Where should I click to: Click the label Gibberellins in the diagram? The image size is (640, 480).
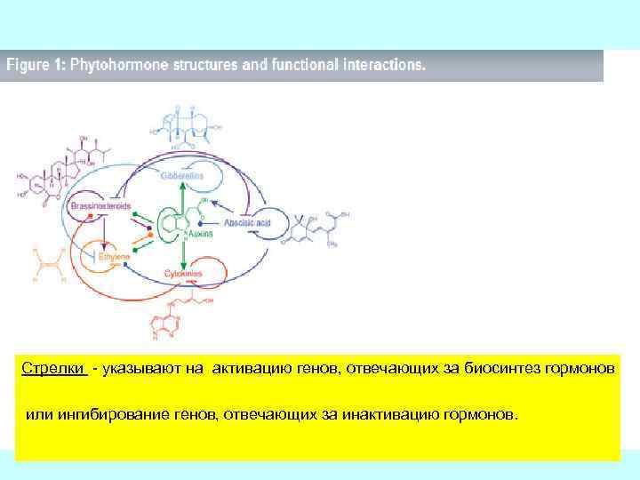182,176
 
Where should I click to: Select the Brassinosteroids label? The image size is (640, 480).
100,206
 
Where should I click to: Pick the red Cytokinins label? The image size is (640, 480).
183,274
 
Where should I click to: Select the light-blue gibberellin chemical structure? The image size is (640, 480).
187,129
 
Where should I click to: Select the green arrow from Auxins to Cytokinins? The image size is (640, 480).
183,256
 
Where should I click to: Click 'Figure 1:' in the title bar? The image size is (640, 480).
36,66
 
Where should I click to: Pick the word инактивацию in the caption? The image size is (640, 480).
395,415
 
